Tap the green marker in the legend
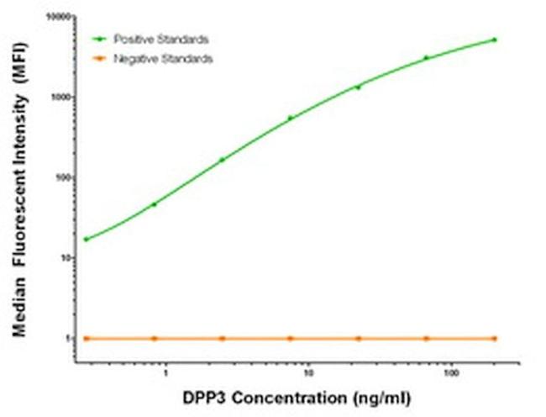[100, 39]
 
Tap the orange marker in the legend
[100, 59]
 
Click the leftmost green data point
[86, 240]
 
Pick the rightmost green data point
[495, 40]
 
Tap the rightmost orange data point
[495, 338]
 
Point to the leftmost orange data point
[86, 338]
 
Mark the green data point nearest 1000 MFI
[359, 87]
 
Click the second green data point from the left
[154, 204]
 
